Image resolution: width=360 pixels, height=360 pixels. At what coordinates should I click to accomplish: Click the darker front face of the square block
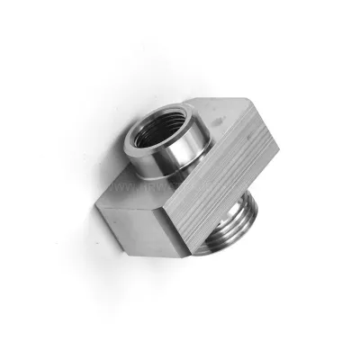pos(144,225)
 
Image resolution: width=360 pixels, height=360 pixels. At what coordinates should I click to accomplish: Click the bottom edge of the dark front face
pos(144,244)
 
